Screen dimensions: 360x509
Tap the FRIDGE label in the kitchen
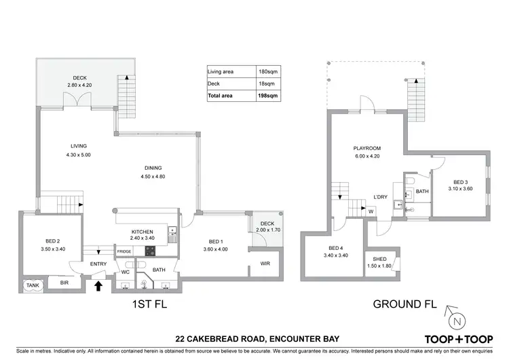[124, 252]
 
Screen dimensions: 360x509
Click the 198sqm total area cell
[271, 96]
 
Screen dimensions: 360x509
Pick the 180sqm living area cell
[271, 71]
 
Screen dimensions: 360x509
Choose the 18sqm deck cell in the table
[271, 84]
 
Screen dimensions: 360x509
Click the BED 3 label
[459, 182]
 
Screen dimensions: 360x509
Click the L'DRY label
[381, 198]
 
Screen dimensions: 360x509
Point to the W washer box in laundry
[371, 211]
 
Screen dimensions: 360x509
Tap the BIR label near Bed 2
[64, 283]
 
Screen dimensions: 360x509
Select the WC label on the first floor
[125, 272]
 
